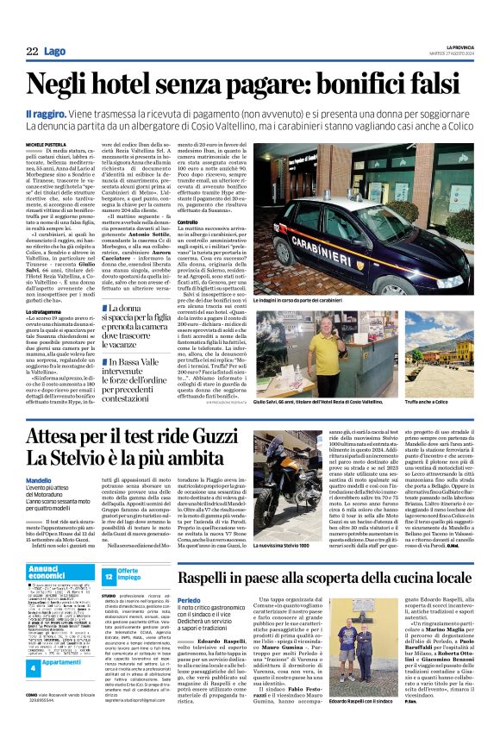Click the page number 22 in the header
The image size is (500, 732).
pyautogui.click(x=31, y=53)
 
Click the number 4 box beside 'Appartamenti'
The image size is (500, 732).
pyautogui.click(x=31, y=668)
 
